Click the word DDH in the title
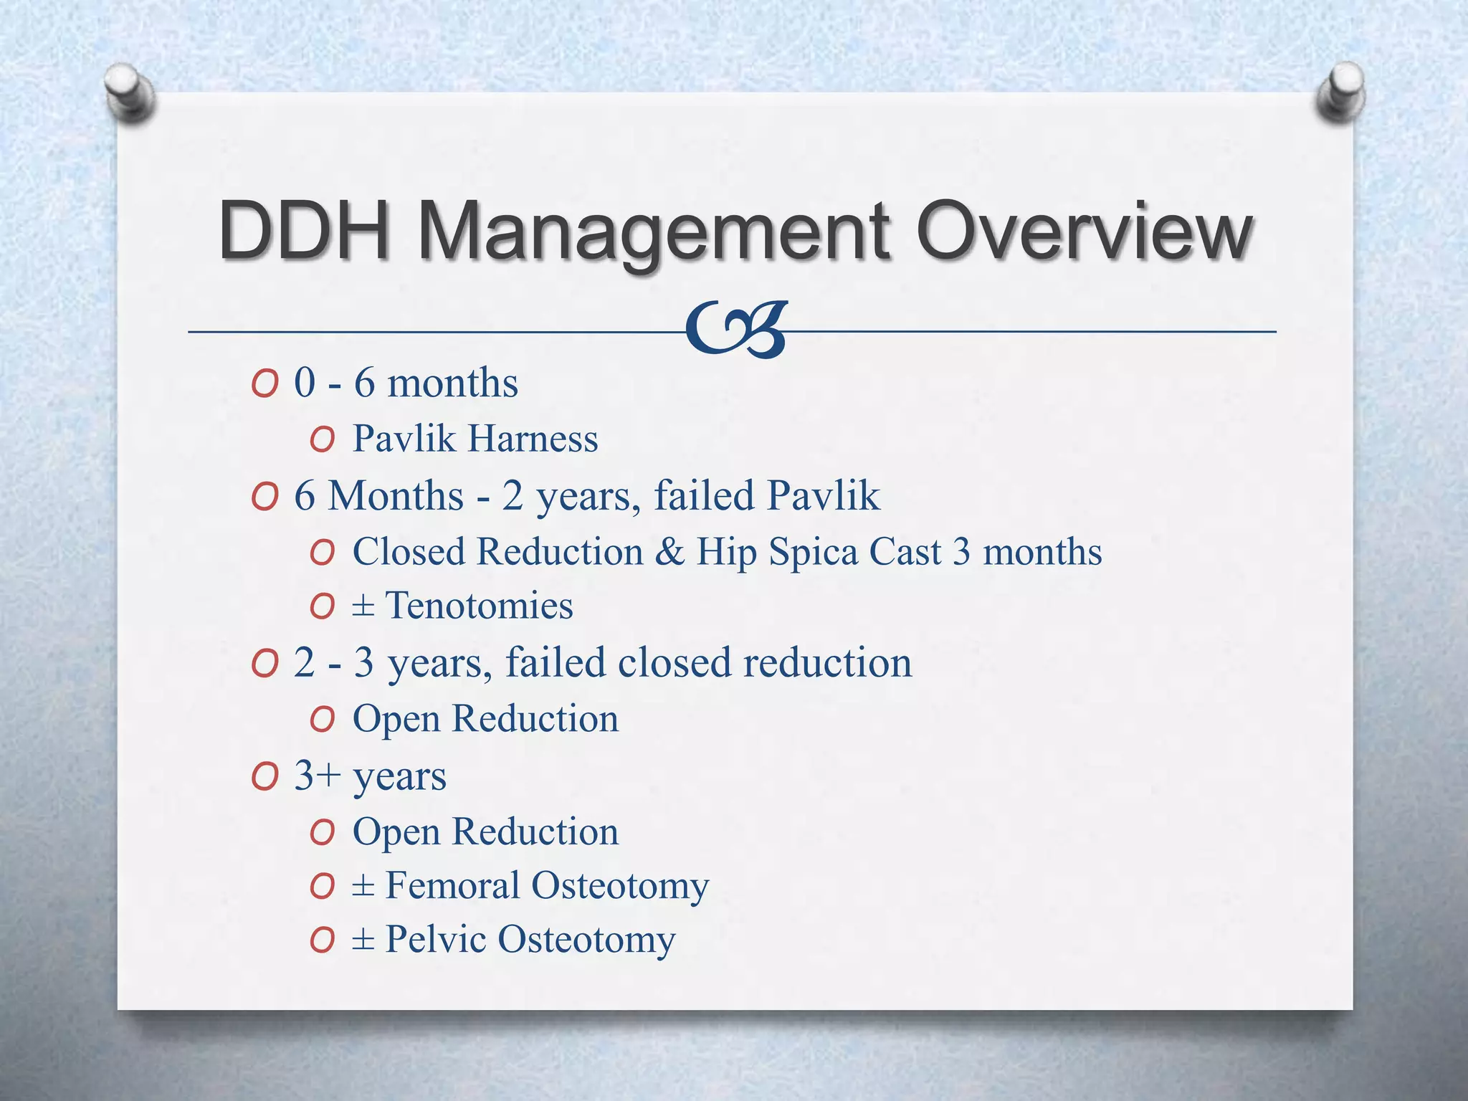pyautogui.click(x=304, y=231)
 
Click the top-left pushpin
pyautogui.click(x=130, y=92)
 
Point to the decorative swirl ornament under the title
pyautogui.click(x=736, y=329)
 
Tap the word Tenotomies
pyautogui.click(x=479, y=605)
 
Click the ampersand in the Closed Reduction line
pyautogui.click(x=669, y=551)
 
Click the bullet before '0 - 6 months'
pyautogui.click(x=264, y=384)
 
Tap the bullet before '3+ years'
pyautogui.click(x=264, y=777)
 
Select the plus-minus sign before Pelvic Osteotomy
pyautogui.click(x=363, y=938)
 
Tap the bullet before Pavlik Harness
pyautogui.click(x=323, y=439)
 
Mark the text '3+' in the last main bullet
pyautogui.click(x=317, y=776)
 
